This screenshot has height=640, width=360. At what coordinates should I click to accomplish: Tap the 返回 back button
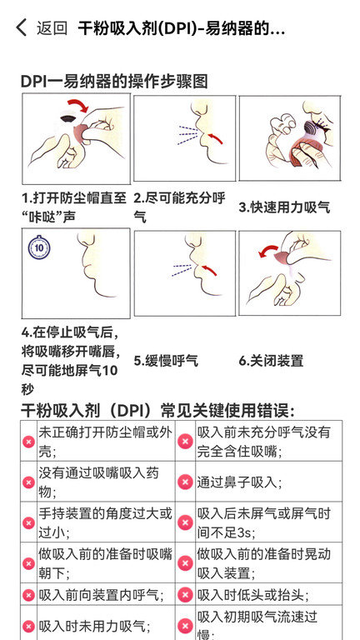click(42, 28)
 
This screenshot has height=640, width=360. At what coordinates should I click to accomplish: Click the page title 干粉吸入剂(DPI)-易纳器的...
click(182, 28)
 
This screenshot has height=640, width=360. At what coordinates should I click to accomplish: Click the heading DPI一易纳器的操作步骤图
click(113, 81)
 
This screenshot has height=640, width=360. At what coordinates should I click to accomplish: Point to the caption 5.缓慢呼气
click(166, 361)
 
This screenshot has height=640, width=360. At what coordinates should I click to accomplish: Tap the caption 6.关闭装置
click(271, 361)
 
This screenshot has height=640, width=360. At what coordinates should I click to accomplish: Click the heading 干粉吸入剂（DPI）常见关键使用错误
click(157, 410)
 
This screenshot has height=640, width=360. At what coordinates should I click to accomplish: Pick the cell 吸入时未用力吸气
click(94, 626)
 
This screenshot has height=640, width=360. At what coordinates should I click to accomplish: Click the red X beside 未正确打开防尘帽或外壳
click(28, 442)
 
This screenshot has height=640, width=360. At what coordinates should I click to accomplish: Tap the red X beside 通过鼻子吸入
click(186, 482)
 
